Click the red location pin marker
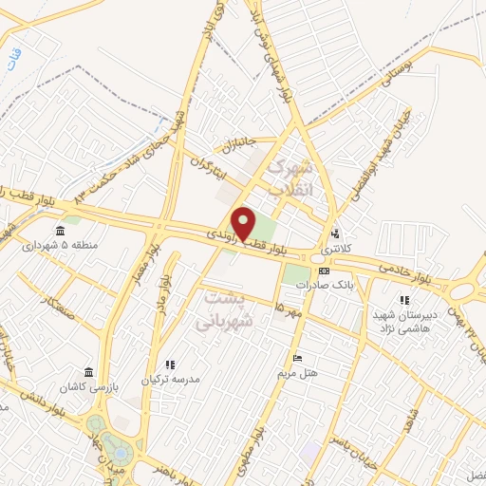point(245,222)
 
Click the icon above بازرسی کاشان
point(89,371)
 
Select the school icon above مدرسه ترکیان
point(171,364)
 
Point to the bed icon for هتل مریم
point(298,358)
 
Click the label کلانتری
point(334,249)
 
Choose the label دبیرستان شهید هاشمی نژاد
point(405,319)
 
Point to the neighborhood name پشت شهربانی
point(227,309)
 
